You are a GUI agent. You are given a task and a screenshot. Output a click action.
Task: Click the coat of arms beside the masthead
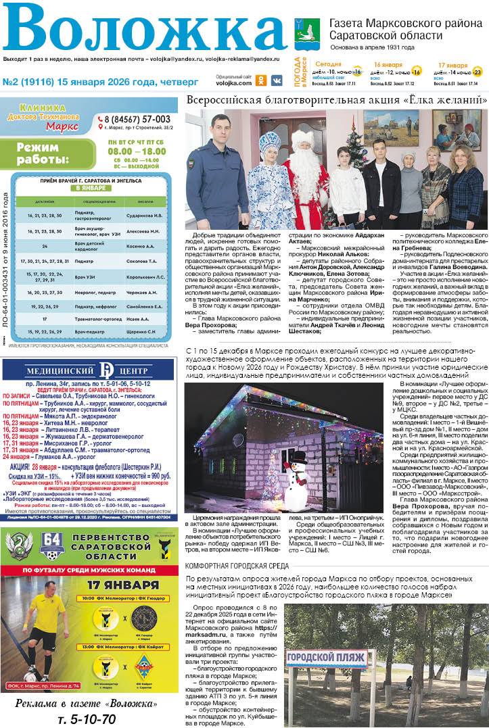click(x=300, y=27)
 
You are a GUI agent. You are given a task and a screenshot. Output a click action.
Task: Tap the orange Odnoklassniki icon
click(x=261, y=80)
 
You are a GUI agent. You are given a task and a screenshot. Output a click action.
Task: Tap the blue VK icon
click(x=277, y=80)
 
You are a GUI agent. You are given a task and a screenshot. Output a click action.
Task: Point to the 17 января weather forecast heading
click(x=448, y=65)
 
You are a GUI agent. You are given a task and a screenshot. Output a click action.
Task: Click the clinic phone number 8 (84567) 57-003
click(x=137, y=119)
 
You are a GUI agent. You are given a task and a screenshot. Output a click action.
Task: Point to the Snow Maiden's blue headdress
click(x=269, y=143)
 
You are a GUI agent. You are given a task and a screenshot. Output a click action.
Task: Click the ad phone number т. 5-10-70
click(x=87, y=719)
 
